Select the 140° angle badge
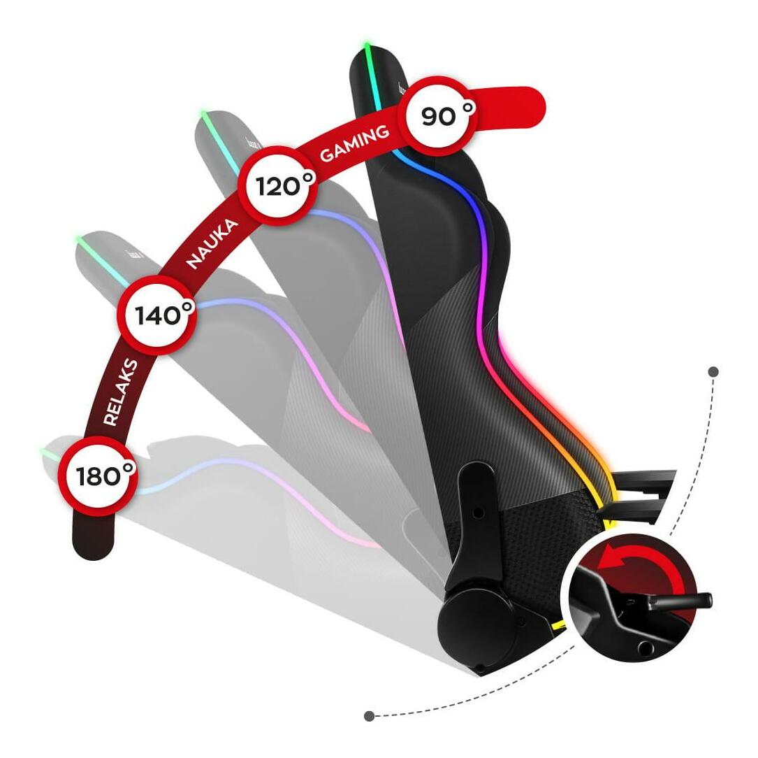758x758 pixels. point(157,315)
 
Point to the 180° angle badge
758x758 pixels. point(97,476)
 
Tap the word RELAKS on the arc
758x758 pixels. point(120,392)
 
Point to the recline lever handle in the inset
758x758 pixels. point(685,599)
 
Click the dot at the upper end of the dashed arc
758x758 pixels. point(713,372)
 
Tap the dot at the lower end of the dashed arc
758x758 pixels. point(369,716)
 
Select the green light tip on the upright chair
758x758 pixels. point(366,48)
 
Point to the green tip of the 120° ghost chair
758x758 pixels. point(203,113)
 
